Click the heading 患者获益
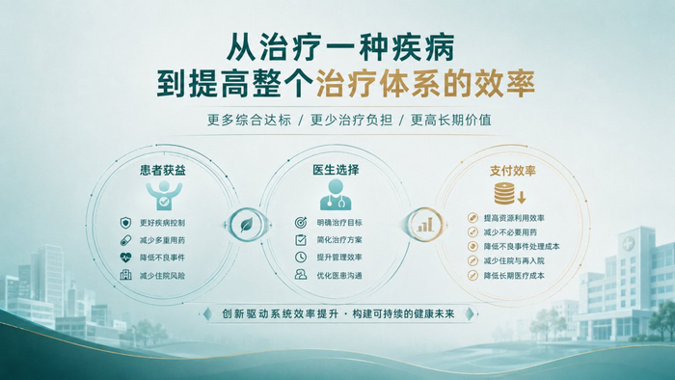[x=163, y=170]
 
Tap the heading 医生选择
[x=336, y=170]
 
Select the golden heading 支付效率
[x=512, y=171]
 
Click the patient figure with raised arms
[x=164, y=195]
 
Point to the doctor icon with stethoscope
[x=336, y=195]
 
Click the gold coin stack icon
[x=504, y=193]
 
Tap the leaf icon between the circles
[x=247, y=224]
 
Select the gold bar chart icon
[x=425, y=224]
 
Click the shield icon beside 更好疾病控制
[x=125, y=223]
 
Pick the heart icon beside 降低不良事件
[x=125, y=258]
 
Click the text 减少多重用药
[x=162, y=240]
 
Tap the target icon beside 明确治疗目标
[x=301, y=223]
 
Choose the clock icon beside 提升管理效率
[x=301, y=257]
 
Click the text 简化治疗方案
[x=339, y=240]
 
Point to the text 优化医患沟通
[x=339, y=276]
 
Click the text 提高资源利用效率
[x=514, y=218]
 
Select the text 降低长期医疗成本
[x=514, y=276]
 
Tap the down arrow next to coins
[x=522, y=198]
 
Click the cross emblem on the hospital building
[x=628, y=244]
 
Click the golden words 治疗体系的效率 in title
[x=425, y=83]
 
